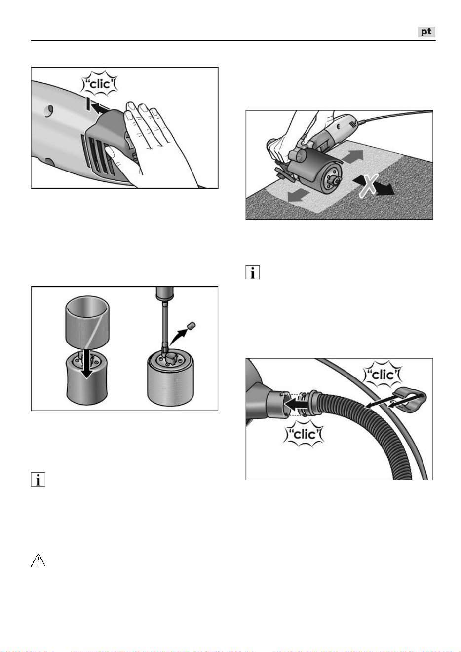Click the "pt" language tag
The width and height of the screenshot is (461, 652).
click(x=426, y=32)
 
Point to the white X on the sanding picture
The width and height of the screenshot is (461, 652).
click(x=369, y=185)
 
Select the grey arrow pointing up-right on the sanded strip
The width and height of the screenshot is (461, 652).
click(x=352, y=156)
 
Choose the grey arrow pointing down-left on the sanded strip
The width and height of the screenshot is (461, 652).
click(x=299, y=195)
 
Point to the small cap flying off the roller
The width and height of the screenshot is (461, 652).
click(x=192, y=326)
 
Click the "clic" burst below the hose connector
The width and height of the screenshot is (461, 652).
click(x=304, y=435)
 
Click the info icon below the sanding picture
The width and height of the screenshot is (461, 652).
click(x=253, y=273)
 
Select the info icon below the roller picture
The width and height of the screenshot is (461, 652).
click(x=38, y=479)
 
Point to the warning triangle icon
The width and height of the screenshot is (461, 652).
click(x=38, y=560)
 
